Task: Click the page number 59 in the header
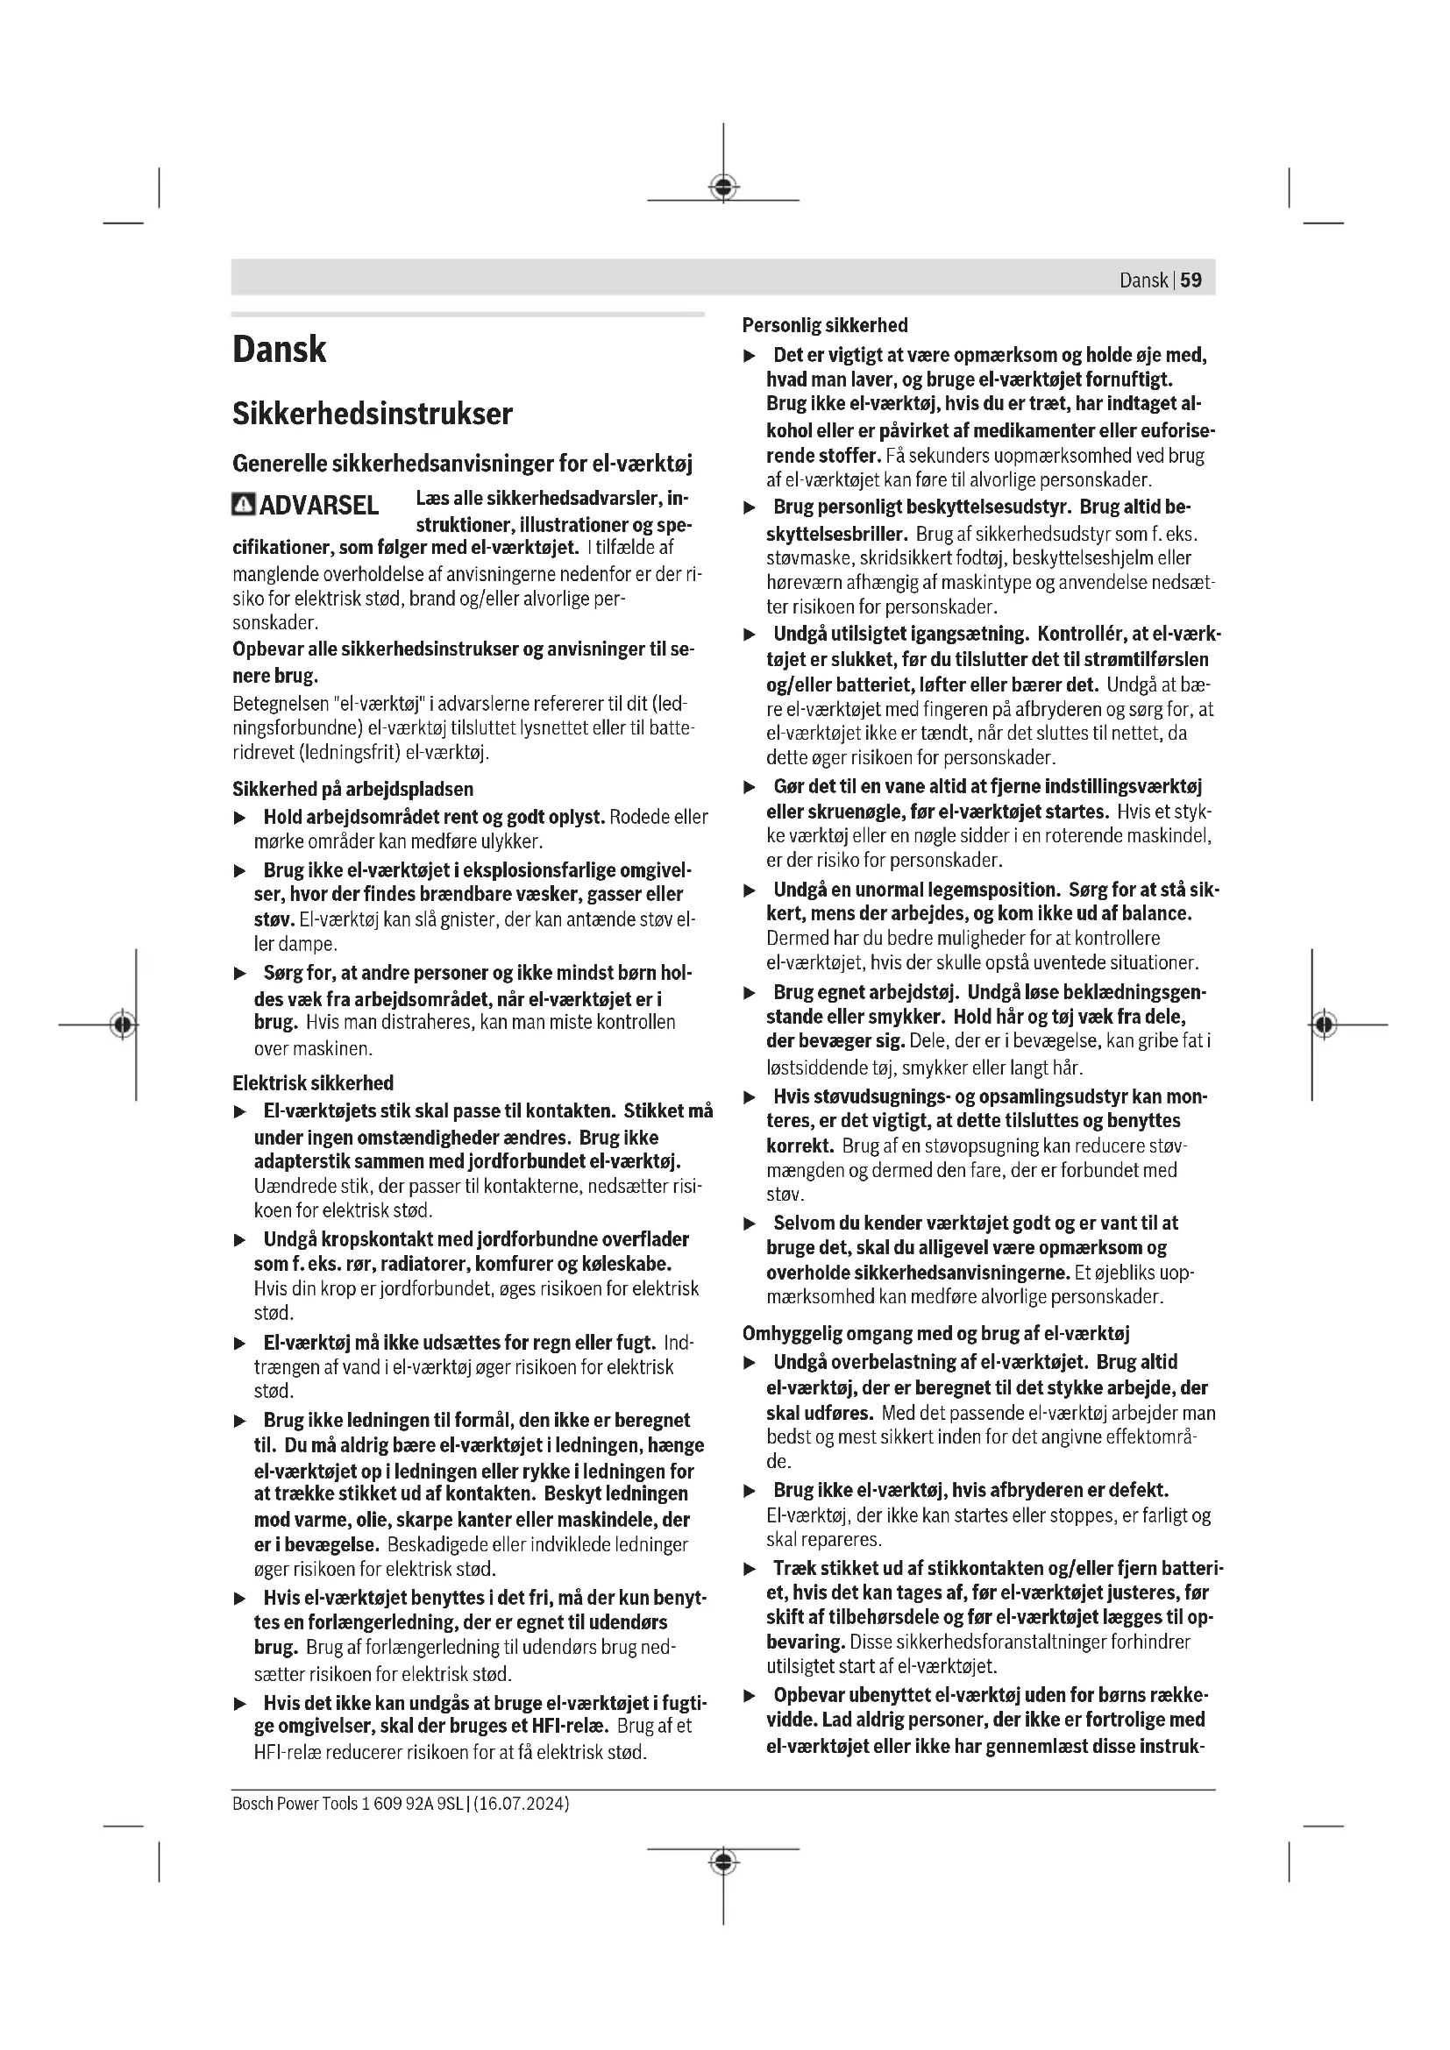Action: pyautogui.click(x=1191, y=280)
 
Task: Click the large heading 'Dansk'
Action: pyautogui.click(x=280, y=349)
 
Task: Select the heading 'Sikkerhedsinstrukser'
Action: pyautogui.click(x=373, y=415)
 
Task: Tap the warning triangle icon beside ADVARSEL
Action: pyautogui.click(x=243, y=506)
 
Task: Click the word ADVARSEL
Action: pyautogui.click(x=319, y=507)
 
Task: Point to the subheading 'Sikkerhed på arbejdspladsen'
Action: pyautogui.click(x=352, y=790)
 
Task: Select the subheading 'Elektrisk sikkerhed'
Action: pyautogui.click(x=312, y=1083)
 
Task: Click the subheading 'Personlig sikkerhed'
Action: pyautogui.click(x=825, y=326)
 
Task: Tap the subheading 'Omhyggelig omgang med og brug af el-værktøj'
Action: pyautogui.click(x=935, y=1334)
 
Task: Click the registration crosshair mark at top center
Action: pyautogui.click(x=723, y=188)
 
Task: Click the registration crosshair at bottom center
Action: pyautogui.click(x=723, y=1862)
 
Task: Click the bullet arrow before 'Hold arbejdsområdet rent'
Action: pyautogui.click(x=239, y=818)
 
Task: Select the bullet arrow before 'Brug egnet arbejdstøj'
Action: pyautogui.click(x=750, y=993)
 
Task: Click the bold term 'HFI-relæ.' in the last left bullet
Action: pyautogui.click(x=571, y=1726)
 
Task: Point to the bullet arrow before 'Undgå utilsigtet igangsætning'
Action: pyautogui.click(x=750, y=635)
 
